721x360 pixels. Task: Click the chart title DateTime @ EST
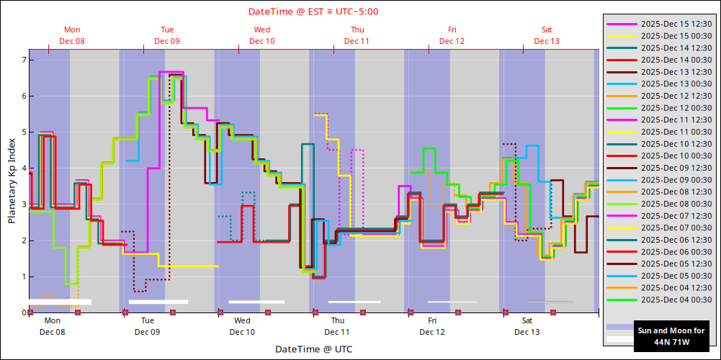coord(313,12)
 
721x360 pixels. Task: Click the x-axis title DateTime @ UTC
coord(313,349)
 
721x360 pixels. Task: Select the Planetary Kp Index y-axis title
coord(12,181)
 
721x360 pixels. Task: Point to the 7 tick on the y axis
coord(23,60)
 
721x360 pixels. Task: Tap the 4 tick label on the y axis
coord(23,168)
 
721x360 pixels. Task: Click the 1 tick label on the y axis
coord(23,276)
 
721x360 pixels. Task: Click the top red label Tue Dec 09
coord(167,35)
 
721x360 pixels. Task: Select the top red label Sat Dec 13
coord(547,35)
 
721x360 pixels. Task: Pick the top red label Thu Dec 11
coord(357,35)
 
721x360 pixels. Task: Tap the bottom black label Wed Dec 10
coord(242,326)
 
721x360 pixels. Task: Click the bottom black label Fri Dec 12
coord(432,326)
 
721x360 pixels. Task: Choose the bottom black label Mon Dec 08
coord(53,326)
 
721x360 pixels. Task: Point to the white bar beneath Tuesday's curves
coord(158,302)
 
